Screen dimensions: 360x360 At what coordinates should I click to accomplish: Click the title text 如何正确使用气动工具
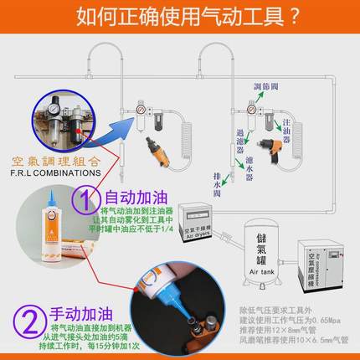click(179, 17)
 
